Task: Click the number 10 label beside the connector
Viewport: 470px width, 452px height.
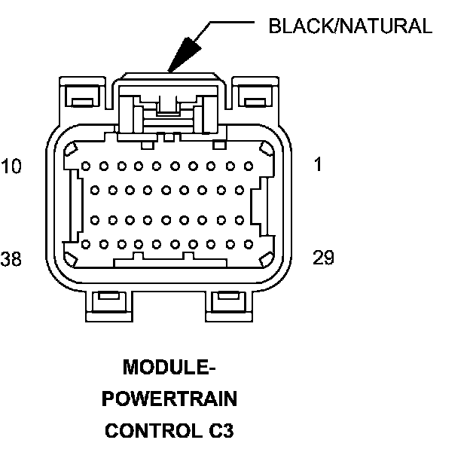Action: coord(11,165)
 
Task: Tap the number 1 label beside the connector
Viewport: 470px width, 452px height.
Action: coord(318,165)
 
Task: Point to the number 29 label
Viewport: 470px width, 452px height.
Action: coord(323,258)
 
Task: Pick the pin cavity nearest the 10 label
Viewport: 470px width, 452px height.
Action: coord(85,166)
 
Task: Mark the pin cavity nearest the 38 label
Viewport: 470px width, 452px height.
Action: coord(85,244)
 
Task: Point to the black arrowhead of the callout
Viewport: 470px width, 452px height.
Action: coord(182,57)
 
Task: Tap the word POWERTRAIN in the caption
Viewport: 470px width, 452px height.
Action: coord(169,399)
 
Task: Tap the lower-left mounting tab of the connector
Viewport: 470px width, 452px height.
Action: coord(108,303)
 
